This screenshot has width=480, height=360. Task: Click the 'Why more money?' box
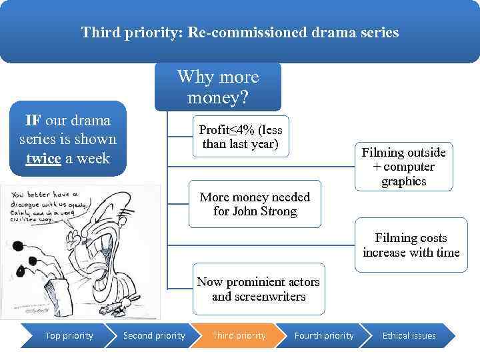217,87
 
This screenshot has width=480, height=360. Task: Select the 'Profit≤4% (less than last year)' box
240,137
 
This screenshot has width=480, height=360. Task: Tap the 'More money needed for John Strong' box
255,204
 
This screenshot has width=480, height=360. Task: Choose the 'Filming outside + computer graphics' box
403,167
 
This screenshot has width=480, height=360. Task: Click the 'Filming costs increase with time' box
411,245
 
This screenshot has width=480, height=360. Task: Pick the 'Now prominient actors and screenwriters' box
258,289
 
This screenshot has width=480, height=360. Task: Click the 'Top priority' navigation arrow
69,335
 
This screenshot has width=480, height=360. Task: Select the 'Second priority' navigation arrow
154,335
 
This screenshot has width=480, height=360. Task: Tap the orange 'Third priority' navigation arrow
239,335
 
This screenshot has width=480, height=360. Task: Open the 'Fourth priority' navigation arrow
324,335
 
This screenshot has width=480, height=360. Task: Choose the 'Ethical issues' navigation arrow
409,335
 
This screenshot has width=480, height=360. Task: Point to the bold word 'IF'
33,121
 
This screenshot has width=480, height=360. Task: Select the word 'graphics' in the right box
403,181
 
